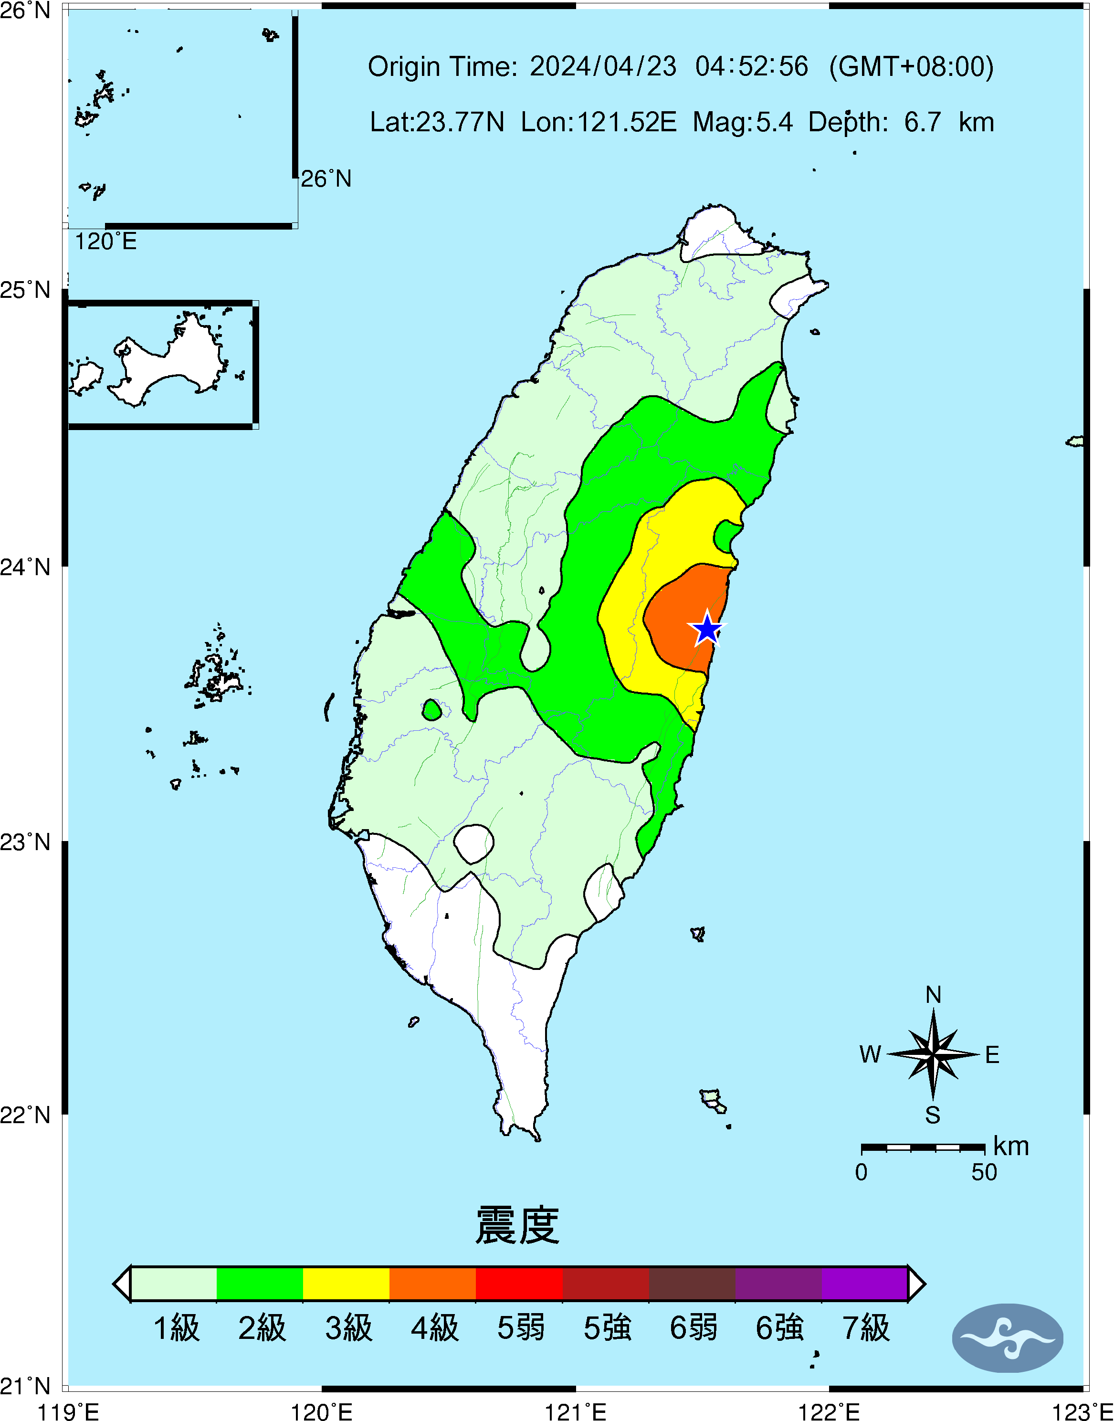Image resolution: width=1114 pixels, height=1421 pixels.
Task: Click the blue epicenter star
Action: tap(707, 629)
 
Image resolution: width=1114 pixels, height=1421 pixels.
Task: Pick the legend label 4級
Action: tap(434, 1328)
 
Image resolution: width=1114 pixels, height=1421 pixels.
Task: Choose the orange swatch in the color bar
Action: tap(432, 1284)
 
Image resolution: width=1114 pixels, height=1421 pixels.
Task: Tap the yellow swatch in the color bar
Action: tap(347, 1284)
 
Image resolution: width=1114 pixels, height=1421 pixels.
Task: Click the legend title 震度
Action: tap(517, 1225)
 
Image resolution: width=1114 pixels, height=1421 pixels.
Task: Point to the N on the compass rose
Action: tap(933, 995)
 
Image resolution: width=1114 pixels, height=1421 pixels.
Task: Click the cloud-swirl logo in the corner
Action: tap(1008, 1337)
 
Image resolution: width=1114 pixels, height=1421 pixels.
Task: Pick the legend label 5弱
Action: tap(520, 1328)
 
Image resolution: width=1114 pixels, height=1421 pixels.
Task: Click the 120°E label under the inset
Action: tap(105, 242)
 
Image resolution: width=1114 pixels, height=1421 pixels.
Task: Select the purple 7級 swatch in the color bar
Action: tap(864, 1284)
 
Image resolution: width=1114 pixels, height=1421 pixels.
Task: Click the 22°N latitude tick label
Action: tap(25, 1115)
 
